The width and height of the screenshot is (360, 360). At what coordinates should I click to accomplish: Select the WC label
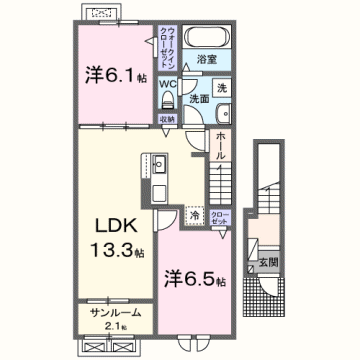(x=167, y=85)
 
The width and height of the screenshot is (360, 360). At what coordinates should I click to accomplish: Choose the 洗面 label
(x=198, y=99)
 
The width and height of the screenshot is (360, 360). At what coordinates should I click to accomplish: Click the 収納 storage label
(x=167, y=118)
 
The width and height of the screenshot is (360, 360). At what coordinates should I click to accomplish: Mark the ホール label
(x=220, y=145)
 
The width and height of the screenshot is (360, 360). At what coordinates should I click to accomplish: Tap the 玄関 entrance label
(x=271, y=264)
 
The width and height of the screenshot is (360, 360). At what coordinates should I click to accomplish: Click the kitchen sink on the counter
(x=159, y=189)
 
